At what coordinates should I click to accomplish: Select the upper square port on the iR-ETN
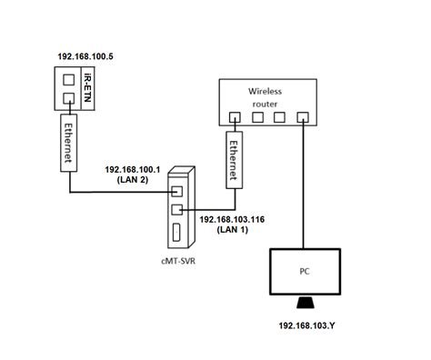[x=68, y=79]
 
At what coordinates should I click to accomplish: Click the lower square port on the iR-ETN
[x=68, y=98]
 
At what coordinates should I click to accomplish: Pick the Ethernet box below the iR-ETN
[x=68, y=141]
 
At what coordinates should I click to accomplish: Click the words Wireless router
[x=267, y=96]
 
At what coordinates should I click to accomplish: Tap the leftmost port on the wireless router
[x=235, y=117]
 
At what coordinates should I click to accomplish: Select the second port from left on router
[x=257, y=117]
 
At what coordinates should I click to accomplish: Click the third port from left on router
[x=280, y=117]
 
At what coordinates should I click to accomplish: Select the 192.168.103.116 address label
[x=231, y=220]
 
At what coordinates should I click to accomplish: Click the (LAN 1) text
[x=231, y=232]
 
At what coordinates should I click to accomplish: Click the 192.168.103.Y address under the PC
[x=304, y=324]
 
